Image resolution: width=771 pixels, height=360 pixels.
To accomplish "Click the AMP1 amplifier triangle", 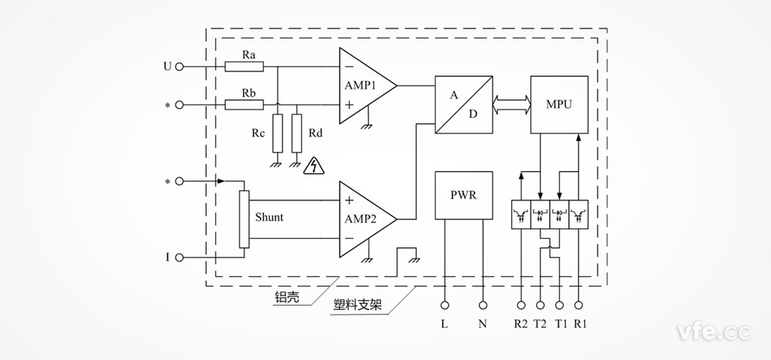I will (362, 86).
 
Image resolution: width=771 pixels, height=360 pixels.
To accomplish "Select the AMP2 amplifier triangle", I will (362, 218).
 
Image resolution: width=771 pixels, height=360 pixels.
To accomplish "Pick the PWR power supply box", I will (463, 195).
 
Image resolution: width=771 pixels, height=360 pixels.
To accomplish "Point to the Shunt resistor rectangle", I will (244, 220).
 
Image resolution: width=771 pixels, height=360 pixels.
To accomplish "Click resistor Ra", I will (239, 67).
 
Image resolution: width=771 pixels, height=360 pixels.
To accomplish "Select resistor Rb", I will (239, 104).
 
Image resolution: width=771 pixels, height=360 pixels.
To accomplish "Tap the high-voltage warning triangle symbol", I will (314, 165).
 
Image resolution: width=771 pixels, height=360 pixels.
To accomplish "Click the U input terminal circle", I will (180, 67).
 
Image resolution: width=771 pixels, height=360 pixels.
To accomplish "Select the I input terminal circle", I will (180, 257).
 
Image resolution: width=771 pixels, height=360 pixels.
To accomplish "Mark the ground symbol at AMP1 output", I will (369, 123).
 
